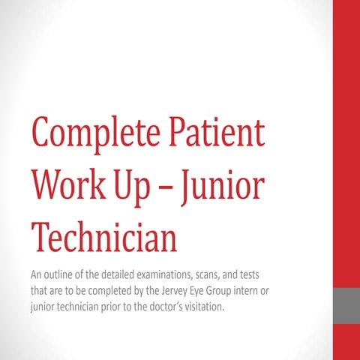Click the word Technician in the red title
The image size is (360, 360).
[x=103, y=236]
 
